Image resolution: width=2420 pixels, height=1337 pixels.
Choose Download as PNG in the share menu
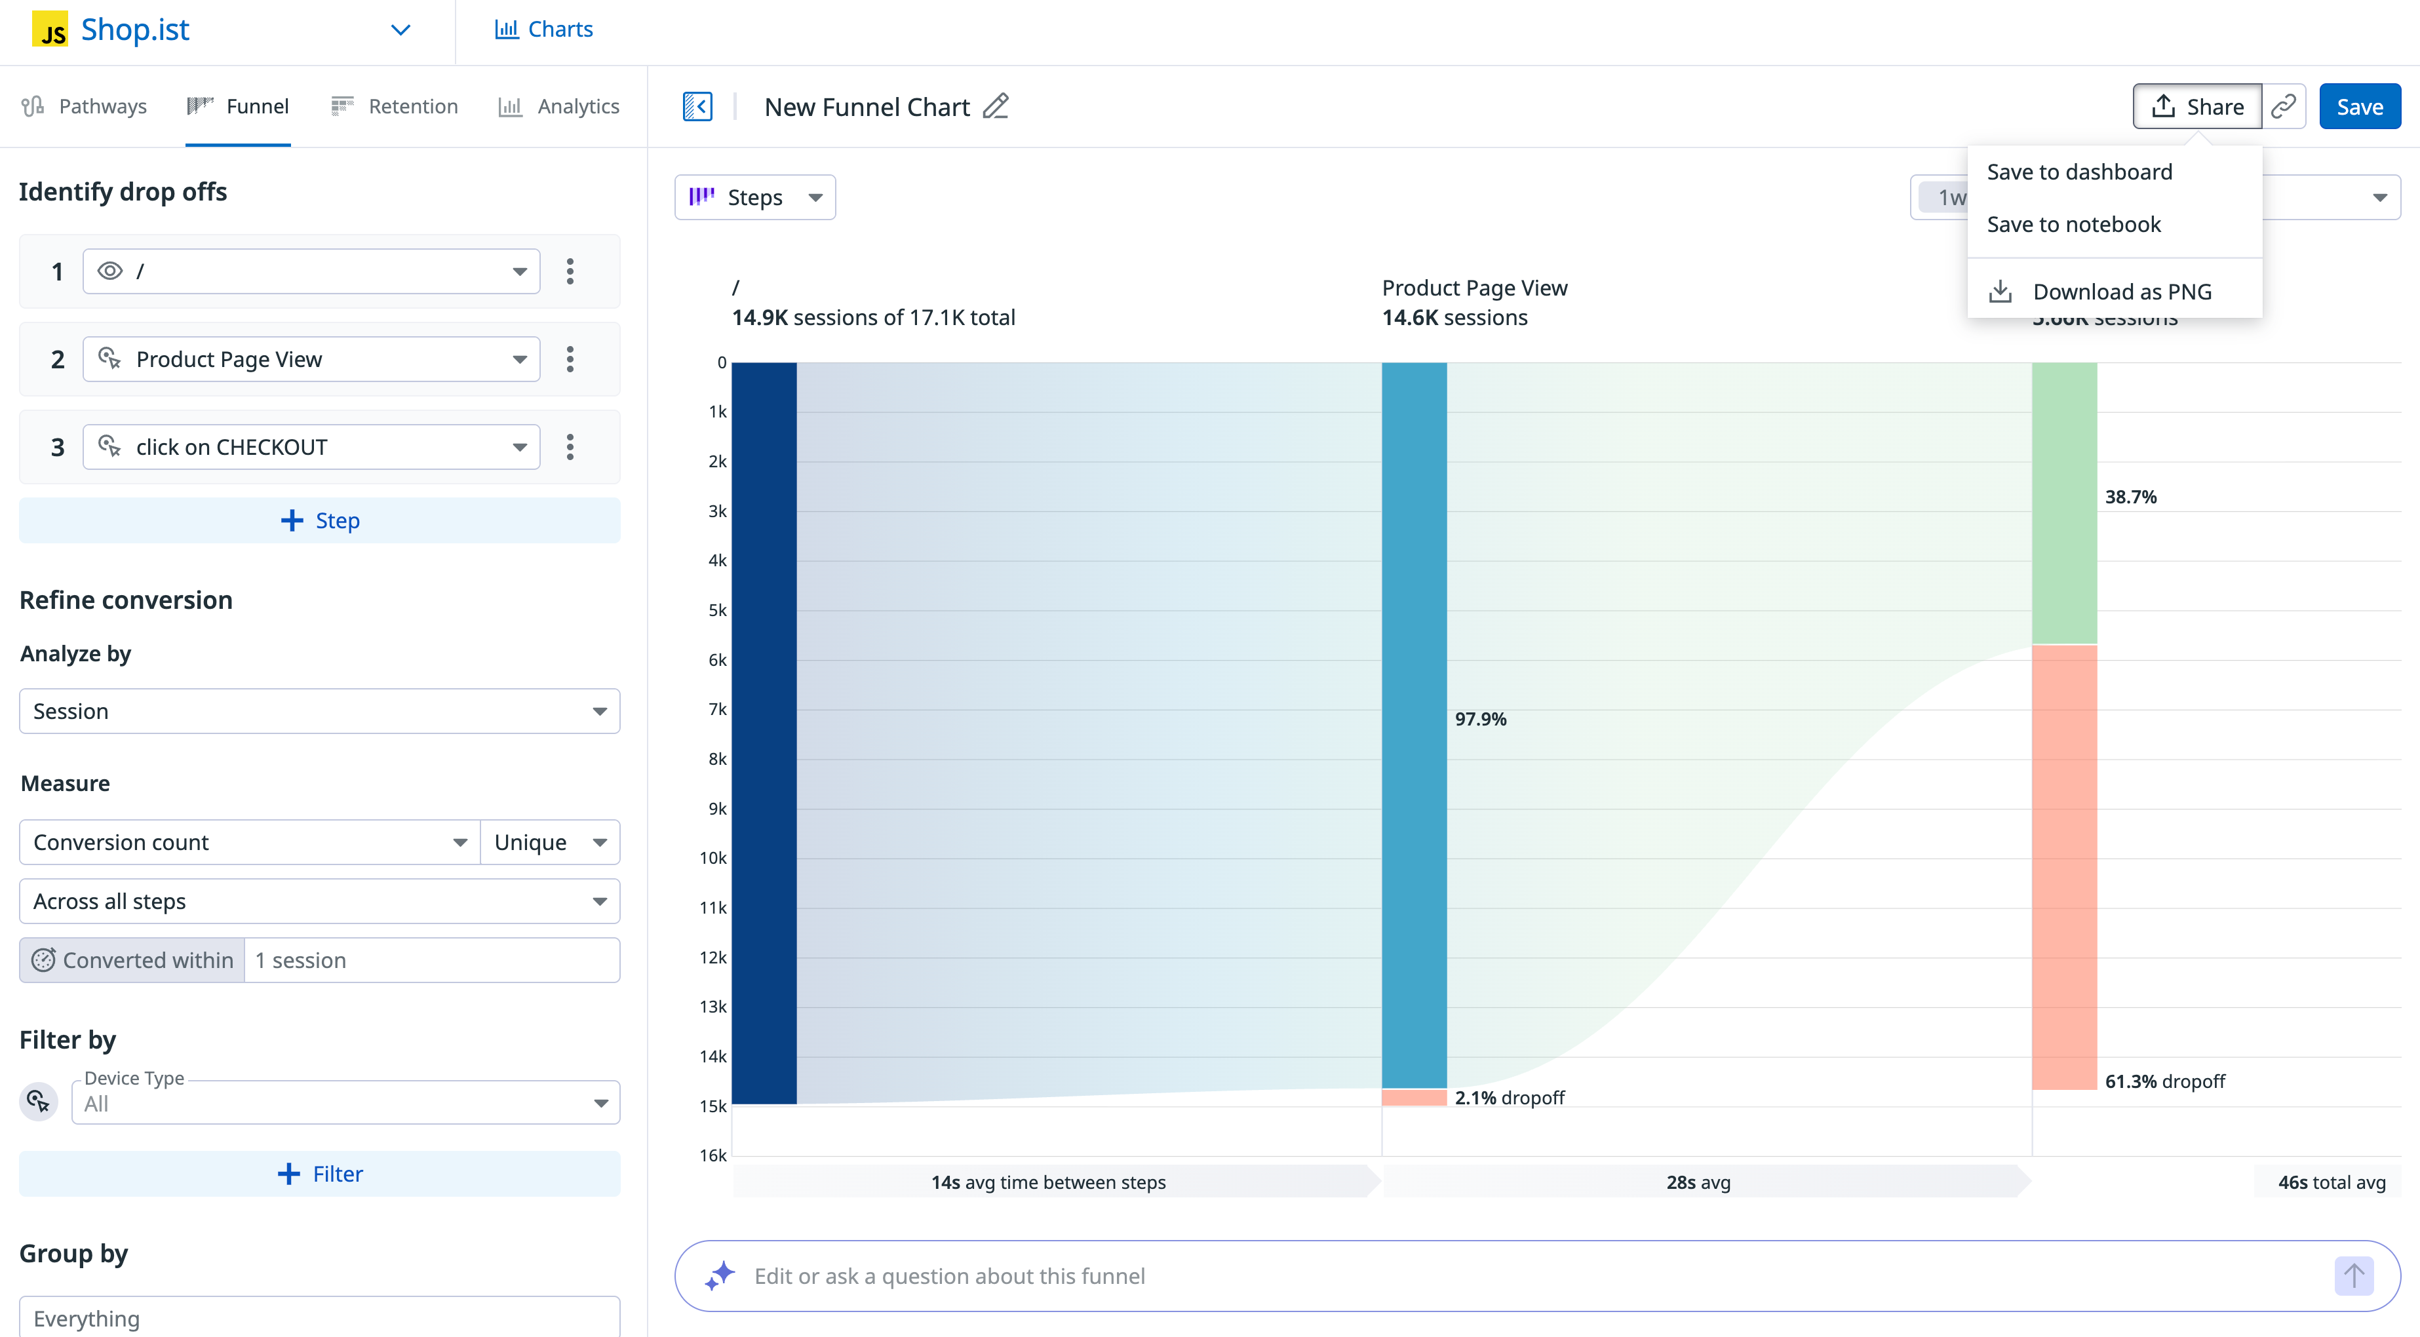(x=2120, y=291)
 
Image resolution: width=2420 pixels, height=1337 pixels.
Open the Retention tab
(x=395, y=106)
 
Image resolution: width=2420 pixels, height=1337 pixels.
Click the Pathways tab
(x=85, y=106)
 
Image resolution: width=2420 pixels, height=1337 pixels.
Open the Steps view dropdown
(x=754, y=197)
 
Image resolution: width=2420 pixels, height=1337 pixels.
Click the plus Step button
(x=319, y=520)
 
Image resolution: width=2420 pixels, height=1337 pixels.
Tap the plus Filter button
(x=319, y=1174)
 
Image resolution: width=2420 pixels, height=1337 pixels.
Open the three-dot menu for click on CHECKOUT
(x=570, y=447)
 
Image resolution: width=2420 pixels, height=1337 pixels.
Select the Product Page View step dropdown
(x=311, y=360)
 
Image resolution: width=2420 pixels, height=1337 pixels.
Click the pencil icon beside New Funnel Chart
(x=995, y=106)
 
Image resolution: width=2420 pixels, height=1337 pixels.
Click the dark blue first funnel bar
(x=764, y=733)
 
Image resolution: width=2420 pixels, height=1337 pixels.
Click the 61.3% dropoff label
(x=2164, y=1081)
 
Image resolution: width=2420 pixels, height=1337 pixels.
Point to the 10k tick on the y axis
(x=713, y=858)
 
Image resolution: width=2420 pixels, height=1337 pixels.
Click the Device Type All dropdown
(x=345, y=1103)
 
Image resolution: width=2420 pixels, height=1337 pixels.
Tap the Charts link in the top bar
(x=544, y=29)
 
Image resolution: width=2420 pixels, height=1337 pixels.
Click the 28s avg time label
(x=1698, y=1182)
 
